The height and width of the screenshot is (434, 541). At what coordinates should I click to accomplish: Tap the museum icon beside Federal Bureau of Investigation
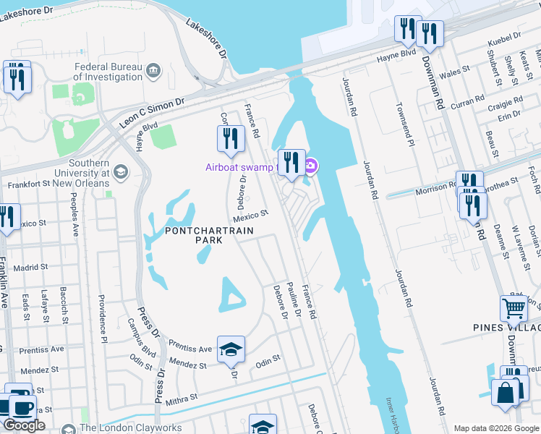(x=153, y=69)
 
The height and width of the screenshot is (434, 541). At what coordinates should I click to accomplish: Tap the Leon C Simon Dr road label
(x=152, y=114)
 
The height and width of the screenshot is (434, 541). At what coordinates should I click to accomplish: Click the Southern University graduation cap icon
(x=120, y=172)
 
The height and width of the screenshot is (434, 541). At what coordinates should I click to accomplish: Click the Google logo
(x=25, y=425)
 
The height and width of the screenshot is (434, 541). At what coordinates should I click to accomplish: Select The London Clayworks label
(x=131, y=428)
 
